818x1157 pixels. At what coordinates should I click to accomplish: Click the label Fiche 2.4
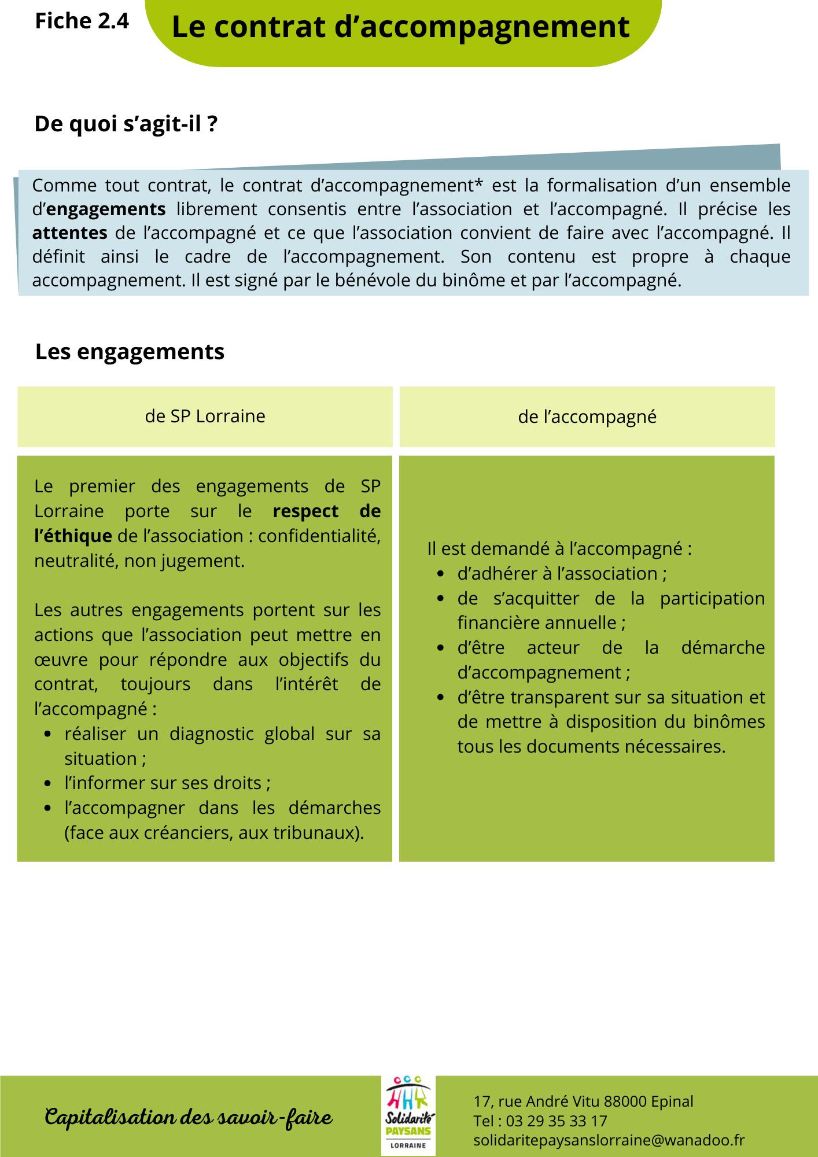point(82,21)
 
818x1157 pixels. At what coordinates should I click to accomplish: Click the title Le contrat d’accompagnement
point(400,27)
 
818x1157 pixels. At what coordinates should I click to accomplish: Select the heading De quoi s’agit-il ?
point(126,124)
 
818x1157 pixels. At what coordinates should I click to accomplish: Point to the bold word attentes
point(69,233)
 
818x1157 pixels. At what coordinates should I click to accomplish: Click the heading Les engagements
point(130,352)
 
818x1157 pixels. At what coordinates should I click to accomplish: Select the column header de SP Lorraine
point(205,417)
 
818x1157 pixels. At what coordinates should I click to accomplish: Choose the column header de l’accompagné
point(587,417)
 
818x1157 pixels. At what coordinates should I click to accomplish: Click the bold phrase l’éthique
point(73,536)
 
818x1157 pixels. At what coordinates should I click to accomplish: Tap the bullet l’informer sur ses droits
point(167,783)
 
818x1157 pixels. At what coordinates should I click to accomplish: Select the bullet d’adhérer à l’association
point(561,573)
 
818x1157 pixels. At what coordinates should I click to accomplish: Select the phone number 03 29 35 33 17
point(556,1121)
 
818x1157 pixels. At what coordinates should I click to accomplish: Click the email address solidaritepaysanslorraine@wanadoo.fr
point(608,1140)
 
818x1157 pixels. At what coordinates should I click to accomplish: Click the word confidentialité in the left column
point(319,536)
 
